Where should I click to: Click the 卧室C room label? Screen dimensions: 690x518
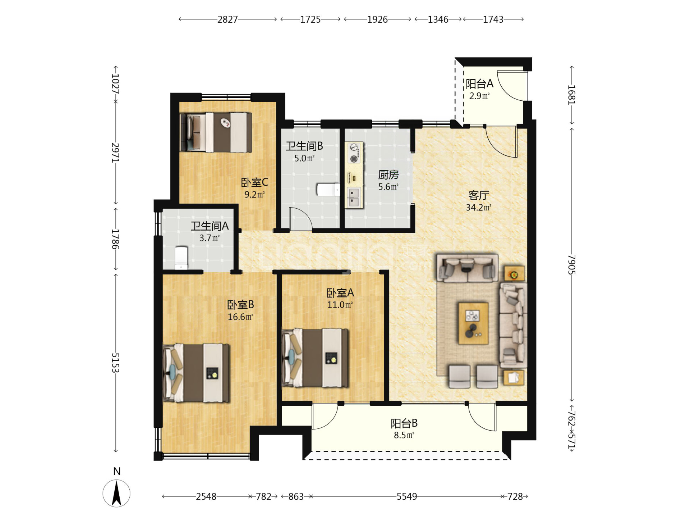(254, 182)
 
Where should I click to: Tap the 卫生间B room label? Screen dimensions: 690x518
(304, 146)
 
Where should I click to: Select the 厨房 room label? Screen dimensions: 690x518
(388, 175)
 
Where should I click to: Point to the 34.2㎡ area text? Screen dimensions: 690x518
(479, 208)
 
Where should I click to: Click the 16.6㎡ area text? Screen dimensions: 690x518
(240, 317)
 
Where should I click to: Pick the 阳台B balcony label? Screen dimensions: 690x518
(404, 423)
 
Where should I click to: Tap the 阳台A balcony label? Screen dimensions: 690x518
(479, 84)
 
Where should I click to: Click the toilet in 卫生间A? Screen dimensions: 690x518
(181, 258)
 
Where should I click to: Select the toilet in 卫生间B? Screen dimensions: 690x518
(328, 190)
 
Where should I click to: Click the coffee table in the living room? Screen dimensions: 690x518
(473, 323)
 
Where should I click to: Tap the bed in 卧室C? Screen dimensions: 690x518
(216, 132)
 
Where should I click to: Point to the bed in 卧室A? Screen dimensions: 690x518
(315, 358)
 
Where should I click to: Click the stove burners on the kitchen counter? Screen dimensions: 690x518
(354, 153)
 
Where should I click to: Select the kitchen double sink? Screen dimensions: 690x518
(354, 197)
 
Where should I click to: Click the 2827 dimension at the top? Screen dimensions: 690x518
(227, 19)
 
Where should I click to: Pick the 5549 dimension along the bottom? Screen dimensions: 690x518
(407, 497)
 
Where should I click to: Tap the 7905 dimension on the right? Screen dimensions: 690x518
(571, 265)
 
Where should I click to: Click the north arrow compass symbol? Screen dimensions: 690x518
(116, 494)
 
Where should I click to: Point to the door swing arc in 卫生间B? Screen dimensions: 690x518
(304, 214)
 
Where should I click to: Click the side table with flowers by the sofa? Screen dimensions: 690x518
(514, 274)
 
